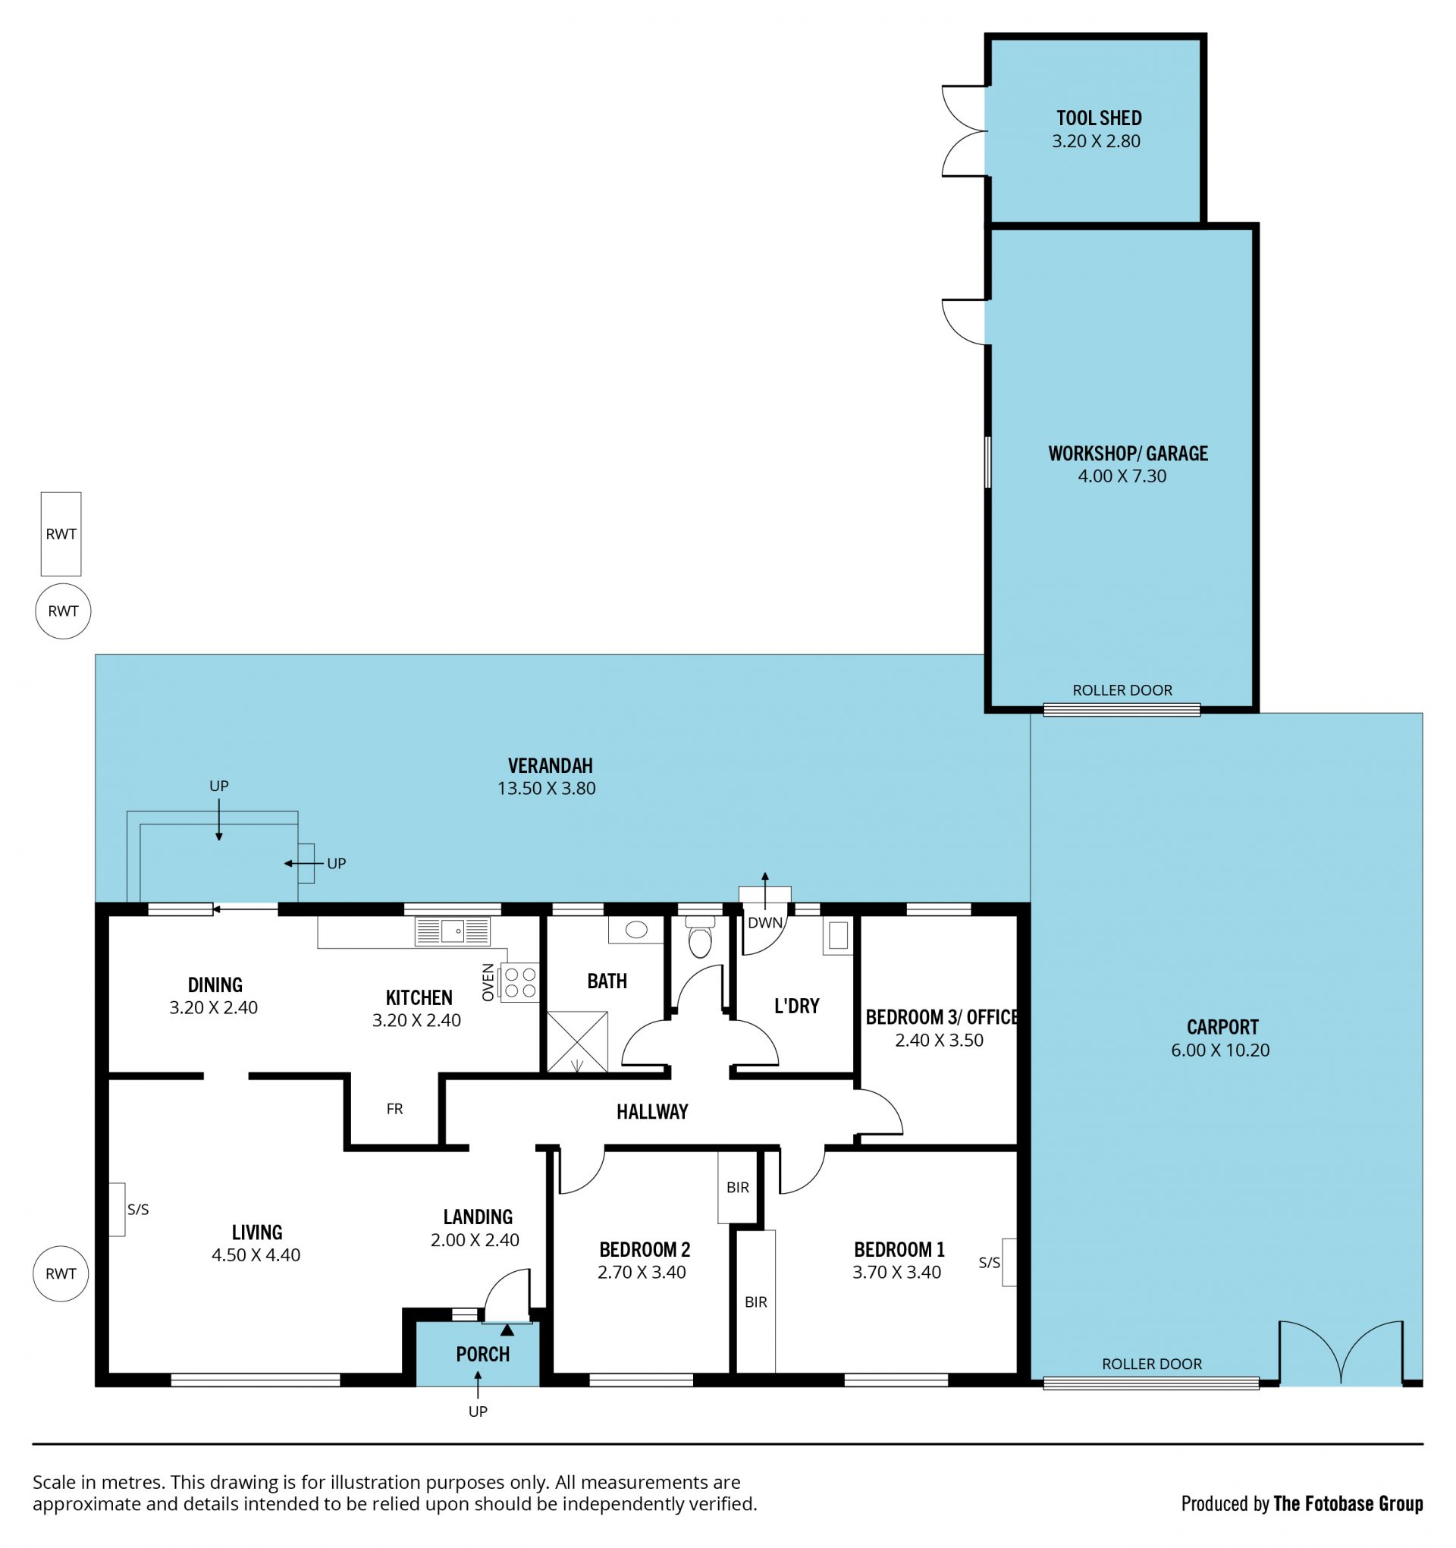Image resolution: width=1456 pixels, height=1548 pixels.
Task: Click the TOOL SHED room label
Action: tap(1099, 118)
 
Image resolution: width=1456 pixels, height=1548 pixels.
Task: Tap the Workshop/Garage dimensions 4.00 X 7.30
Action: tap(1122, 476)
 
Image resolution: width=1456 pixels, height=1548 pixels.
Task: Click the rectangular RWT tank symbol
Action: tap(61, 533)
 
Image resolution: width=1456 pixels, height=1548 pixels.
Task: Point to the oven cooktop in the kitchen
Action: tap(519, 982)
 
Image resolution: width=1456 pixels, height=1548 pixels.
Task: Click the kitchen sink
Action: tap(453, 931)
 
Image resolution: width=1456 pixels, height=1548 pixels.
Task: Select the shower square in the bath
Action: tap(577, 1041)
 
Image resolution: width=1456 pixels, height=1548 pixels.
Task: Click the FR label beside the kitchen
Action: tap(395, 1109)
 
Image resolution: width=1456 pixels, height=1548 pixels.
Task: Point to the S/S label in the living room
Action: tap(138, 1209)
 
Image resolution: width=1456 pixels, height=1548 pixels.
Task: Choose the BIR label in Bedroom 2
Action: tap(737, 1188)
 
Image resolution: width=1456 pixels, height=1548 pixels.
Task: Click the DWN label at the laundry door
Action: tap(764, 923)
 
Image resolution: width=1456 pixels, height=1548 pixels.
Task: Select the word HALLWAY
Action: tap(652, 1112)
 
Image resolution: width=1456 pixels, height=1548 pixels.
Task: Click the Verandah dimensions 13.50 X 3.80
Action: tap(547, 788)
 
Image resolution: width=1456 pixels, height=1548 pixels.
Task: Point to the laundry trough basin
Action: tap(838, 936)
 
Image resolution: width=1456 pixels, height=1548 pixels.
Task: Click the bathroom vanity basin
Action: tap(636, 929)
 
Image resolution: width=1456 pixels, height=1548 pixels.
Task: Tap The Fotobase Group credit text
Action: tap(1348, 1503)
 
